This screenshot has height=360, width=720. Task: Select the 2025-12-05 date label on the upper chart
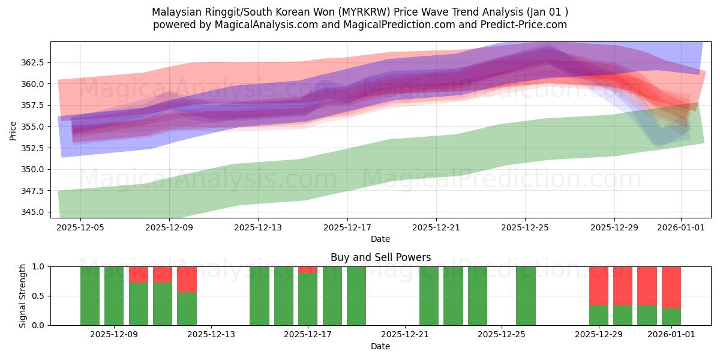(80, 227)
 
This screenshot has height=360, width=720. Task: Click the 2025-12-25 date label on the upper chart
(525, 227)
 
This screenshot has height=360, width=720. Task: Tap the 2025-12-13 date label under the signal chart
(211, 335)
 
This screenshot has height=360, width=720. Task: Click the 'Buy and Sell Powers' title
(380, 257)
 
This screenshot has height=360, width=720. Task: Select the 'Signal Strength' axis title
(22, 296)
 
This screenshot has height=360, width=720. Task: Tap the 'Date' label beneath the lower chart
(380, 346)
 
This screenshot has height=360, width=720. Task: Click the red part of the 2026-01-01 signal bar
(671, 287)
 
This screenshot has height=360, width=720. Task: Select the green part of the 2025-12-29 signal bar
(598, 315)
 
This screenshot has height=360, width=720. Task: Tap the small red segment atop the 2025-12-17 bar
(308, 270)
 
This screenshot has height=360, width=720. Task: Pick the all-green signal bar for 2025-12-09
(114, 296)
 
